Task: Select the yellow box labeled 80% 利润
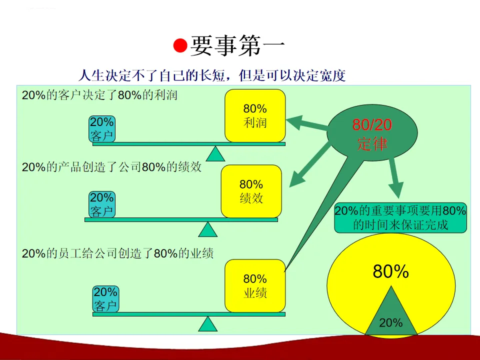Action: pos(255,115)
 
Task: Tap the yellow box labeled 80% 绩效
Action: pos(251,191)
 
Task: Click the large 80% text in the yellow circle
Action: pos(391,271)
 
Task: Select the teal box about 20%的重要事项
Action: pos(400,218)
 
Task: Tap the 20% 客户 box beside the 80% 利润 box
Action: pos(102,128)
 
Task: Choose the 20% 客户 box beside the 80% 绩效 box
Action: pos(102,204)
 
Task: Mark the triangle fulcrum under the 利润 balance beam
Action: pos(216,154)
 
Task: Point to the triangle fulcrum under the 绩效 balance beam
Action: pos(208,229)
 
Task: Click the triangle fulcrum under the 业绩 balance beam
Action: pos(208,324)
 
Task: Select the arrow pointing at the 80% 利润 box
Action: pos(305,123)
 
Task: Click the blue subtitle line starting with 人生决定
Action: pos(212,75)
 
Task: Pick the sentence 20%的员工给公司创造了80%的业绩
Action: pos(118,253)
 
